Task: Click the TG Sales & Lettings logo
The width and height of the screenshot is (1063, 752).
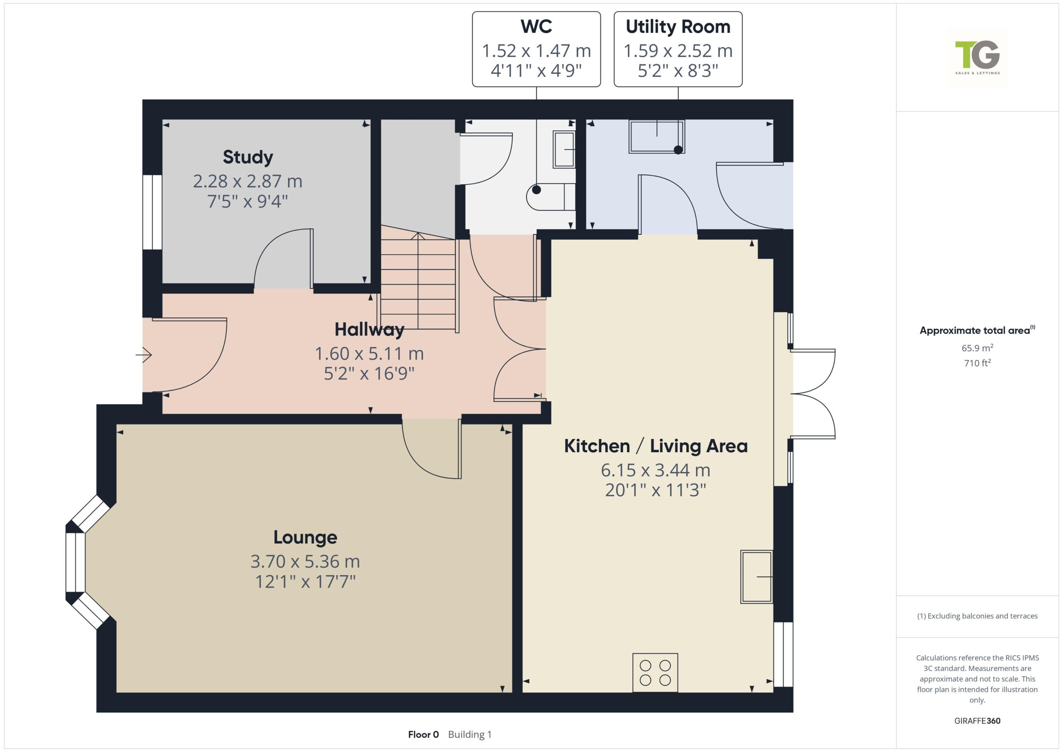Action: click(977, 57)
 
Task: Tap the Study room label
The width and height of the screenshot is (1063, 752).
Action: click(248, 157)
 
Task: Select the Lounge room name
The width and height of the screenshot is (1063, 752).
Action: click(305, 537)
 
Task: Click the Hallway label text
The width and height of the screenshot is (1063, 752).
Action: click(370, 330)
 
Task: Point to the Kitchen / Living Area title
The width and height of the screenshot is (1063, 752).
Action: click(656, 446)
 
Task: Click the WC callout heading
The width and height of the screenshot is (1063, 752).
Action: click(536, 27)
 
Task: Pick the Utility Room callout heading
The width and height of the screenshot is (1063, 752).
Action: click(678, 27)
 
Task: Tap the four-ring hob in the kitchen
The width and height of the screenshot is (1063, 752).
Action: click(655, 672)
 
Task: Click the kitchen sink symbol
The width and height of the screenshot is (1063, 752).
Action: click(757, 576)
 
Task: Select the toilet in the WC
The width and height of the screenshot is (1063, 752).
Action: click(551, 197)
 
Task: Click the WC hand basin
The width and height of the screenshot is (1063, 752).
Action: click(564, 149)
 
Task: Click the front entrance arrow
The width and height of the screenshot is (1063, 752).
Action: click(144, 355)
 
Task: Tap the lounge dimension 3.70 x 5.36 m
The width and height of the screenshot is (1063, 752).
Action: click(305, 561)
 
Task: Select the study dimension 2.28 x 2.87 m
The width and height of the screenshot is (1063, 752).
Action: click(248, 181)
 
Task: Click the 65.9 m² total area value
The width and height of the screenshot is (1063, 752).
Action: click(977, 348)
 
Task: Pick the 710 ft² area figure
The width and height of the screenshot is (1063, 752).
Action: click(977, 363)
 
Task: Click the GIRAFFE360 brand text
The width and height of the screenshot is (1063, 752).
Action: click(977, 720)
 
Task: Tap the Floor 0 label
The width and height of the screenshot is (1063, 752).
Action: click(423, 735)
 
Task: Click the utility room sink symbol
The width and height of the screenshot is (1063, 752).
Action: click(656, 137)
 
